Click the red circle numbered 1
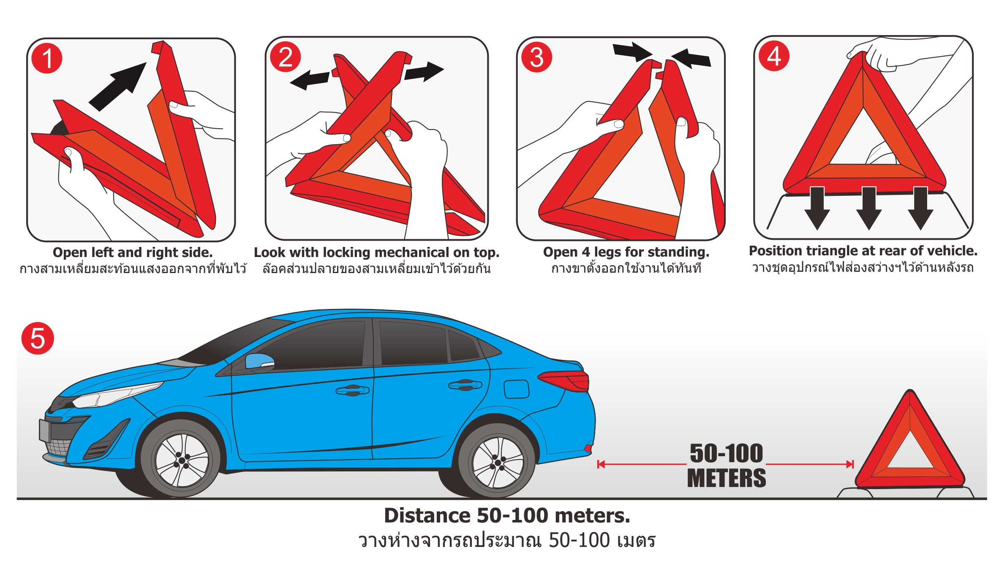(47, 58)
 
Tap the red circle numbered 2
(286, 57)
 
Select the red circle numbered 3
(536, 57)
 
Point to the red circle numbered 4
(774, 56)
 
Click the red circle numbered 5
(38, 338)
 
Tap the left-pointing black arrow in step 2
(310, 79)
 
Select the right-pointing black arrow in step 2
(424, 72)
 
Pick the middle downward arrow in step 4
(868, 208)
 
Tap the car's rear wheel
(498, 461)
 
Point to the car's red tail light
(564, 381)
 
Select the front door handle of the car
(352, 390)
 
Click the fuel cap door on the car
(516, 389)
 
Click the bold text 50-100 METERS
(726, 465)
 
